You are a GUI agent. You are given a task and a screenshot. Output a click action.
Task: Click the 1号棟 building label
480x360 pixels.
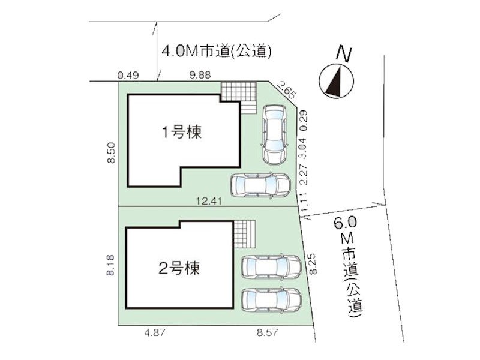[x=182, y=132]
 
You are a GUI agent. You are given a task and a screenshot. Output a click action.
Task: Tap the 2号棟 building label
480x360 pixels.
[x=179, y=268]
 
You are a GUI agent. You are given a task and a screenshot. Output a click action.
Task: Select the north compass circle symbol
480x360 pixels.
[x=336, y=81]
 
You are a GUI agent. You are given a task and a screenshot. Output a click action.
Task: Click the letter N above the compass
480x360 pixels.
[x=343, y=54]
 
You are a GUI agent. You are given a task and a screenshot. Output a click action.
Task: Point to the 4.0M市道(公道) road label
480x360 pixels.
[x=217, y=51]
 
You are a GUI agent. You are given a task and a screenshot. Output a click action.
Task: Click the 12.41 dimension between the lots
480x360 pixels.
[x=209, y=201]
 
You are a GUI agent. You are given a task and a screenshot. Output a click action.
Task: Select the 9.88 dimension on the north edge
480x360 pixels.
[x=200, y=75]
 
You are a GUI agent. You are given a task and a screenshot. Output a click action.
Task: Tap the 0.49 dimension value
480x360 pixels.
[x=128, y=76]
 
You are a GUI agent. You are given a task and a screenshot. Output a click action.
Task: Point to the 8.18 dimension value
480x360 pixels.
[x=111, y=265]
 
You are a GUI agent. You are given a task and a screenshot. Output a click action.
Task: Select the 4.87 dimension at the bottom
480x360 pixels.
[x=155, y=332]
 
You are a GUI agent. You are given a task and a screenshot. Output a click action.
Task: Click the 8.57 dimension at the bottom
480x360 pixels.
[x=267, y=332]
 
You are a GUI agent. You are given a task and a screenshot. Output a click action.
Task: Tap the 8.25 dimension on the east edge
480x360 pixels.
[x=313, y=263]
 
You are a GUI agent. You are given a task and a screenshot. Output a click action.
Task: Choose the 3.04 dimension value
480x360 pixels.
[x=302, y=148]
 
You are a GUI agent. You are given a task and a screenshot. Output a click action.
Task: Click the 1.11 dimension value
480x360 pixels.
[x=303, y=202]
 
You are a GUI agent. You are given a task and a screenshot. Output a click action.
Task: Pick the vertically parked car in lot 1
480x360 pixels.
[x=275, y=135]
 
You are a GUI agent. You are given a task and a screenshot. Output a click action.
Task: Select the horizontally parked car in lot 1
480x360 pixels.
[x=260, y=185]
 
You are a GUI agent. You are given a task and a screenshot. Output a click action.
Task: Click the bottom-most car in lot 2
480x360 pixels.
[x=272, y=300]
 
